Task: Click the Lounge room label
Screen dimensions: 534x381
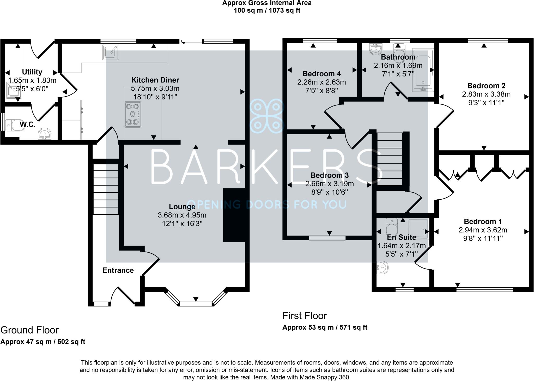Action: pos(182,207)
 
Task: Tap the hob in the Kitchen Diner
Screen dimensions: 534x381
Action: pos(133,115)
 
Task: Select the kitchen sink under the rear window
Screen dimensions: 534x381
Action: pos(111,52)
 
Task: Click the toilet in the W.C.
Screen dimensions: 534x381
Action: pos(14,126)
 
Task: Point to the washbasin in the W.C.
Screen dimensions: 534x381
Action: pos(45,134)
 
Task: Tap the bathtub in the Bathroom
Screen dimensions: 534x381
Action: pos(423,70)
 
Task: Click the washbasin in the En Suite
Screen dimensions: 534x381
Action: pos(382,267)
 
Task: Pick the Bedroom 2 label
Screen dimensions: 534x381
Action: pos(486,86)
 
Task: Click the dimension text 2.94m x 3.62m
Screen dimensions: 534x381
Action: pos(483,230)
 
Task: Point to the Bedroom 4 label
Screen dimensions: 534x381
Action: pos(321,74)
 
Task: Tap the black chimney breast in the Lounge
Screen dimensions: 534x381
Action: pos(234,215)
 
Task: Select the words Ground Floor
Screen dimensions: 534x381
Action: pos(29,330)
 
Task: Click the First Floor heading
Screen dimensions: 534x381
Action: pos(305,316)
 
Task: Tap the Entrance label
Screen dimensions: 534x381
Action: pos(118,270)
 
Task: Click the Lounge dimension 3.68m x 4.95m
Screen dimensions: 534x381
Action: pos(182,215)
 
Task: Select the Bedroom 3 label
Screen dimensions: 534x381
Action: pos(330,175)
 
